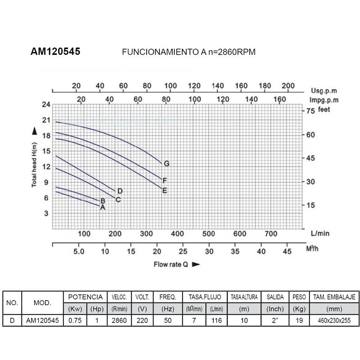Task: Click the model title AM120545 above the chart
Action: [x=55, y=52]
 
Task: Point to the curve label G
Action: [x=166, y=163]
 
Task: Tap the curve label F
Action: [x=165, y=180]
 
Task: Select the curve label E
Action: [x=165, y=190]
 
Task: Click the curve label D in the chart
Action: [x=120, y=191]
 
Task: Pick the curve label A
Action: [x=103, y=207]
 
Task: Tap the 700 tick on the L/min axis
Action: [x=270, y=234]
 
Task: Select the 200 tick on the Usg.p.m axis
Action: [x=288, y=86]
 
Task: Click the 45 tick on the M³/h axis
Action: [x=287, y=252]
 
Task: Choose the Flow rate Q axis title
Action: [x=172, y=265]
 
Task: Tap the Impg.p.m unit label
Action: [x=324, y=100]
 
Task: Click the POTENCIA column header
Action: [x=85, y=297]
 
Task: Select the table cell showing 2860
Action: [x=119, y=320]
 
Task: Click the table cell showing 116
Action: [x=216, y=320]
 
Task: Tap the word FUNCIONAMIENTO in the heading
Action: [x=157, y=52]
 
